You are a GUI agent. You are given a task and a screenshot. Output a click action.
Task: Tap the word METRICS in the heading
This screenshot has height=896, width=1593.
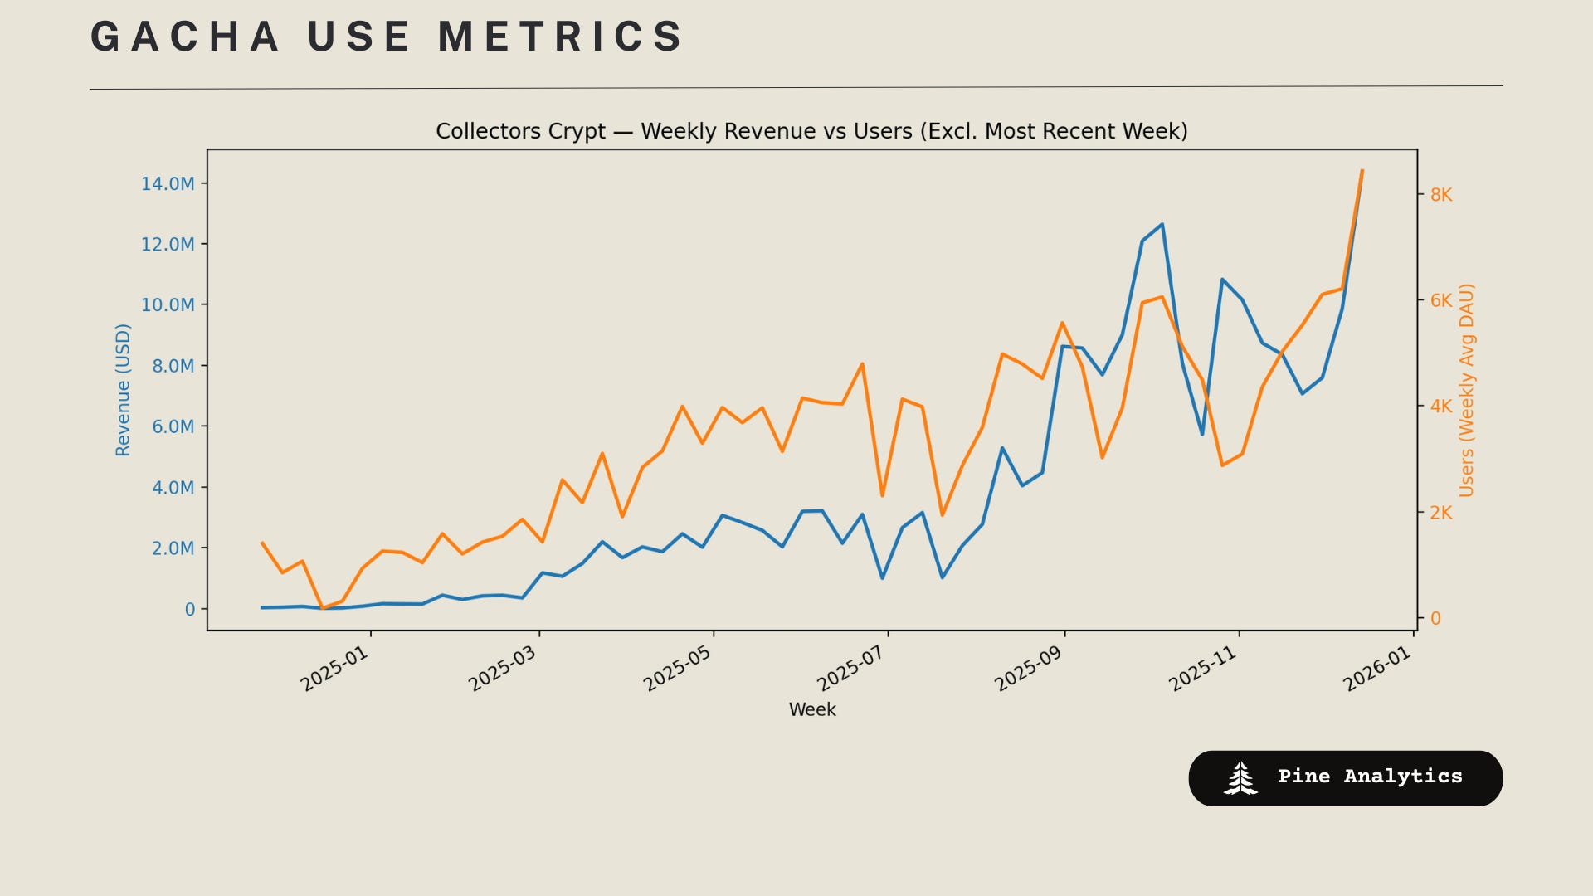coord(561,37)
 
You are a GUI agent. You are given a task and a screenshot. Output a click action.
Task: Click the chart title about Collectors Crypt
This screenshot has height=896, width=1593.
coord(811,131)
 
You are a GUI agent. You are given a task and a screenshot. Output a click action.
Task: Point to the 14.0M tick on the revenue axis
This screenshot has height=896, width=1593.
coord(168,184)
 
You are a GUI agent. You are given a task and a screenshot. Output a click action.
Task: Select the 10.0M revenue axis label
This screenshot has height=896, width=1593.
coord(168,305)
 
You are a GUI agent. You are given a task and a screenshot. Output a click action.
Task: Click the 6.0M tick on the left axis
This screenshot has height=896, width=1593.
coord(173,427)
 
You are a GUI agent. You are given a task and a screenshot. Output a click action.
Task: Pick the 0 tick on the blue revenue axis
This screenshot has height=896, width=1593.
coord(190,610)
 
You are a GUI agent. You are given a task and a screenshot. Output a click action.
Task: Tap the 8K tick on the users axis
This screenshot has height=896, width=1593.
coord(1441,195)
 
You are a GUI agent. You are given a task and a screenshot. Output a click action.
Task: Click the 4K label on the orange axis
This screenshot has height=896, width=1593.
coord(1441,407)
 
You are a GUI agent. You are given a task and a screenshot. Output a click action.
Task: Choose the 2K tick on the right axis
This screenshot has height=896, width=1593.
coord(1441,513)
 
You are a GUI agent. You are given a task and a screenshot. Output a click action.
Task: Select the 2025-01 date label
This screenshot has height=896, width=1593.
coord(334,669)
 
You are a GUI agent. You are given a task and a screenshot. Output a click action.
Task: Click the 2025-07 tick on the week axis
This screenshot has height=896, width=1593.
coord(851,669)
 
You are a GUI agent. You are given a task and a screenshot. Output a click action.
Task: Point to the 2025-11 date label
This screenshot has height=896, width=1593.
coord(1203,669)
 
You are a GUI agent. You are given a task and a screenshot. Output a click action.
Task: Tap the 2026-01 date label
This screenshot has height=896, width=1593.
coord(1377,669)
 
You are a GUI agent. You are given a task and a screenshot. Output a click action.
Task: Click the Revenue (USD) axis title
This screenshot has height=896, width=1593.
coord(123,390)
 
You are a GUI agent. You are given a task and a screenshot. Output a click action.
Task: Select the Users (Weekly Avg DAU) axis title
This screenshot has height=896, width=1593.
coord(1467,390)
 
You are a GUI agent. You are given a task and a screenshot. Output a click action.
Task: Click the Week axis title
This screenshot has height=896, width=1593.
coord(812,710)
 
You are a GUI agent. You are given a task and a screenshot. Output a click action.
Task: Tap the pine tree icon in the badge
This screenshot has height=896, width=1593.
coord(1240,778)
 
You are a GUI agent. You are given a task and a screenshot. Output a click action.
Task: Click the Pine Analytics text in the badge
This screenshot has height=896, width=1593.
coord(1370,777)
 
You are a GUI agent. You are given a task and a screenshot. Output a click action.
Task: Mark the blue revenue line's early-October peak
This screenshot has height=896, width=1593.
coord(1162,224)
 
